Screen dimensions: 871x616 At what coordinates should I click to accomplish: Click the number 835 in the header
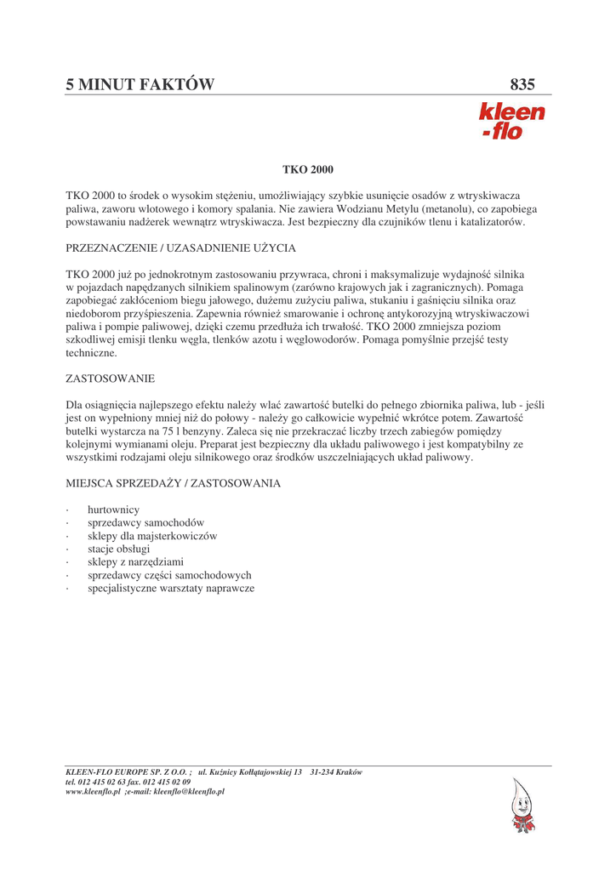click(x=522, y=84)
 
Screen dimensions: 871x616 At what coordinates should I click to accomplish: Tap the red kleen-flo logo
click(x=511, y=121)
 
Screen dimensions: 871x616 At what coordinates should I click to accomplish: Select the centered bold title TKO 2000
click(x=308, y=170)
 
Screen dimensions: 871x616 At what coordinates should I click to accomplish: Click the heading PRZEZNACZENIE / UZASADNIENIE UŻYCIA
click(x=180, y=248)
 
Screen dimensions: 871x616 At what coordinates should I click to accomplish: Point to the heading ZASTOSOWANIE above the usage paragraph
click(x=110, y=378)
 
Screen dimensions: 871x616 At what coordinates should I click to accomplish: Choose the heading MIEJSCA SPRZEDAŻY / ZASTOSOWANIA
click(x=174, y=483)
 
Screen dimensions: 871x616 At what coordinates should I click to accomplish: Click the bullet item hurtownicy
click(x=113, y=510)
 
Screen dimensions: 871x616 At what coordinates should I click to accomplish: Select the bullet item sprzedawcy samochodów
click(x=145, y=522)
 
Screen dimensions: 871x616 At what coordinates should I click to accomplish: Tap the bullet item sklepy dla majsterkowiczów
click(x=152, y=536)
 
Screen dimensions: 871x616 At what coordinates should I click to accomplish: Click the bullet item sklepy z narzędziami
click(x=135, y=562)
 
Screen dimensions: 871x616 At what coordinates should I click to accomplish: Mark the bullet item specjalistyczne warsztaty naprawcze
click(x=170, y=589)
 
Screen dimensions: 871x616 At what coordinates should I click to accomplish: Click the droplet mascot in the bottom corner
click(x=522, y=806)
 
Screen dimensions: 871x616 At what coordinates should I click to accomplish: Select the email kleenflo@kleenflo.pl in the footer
click(x=187, y=791)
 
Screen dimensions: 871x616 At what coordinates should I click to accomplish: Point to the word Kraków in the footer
click(x=348, y=772)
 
